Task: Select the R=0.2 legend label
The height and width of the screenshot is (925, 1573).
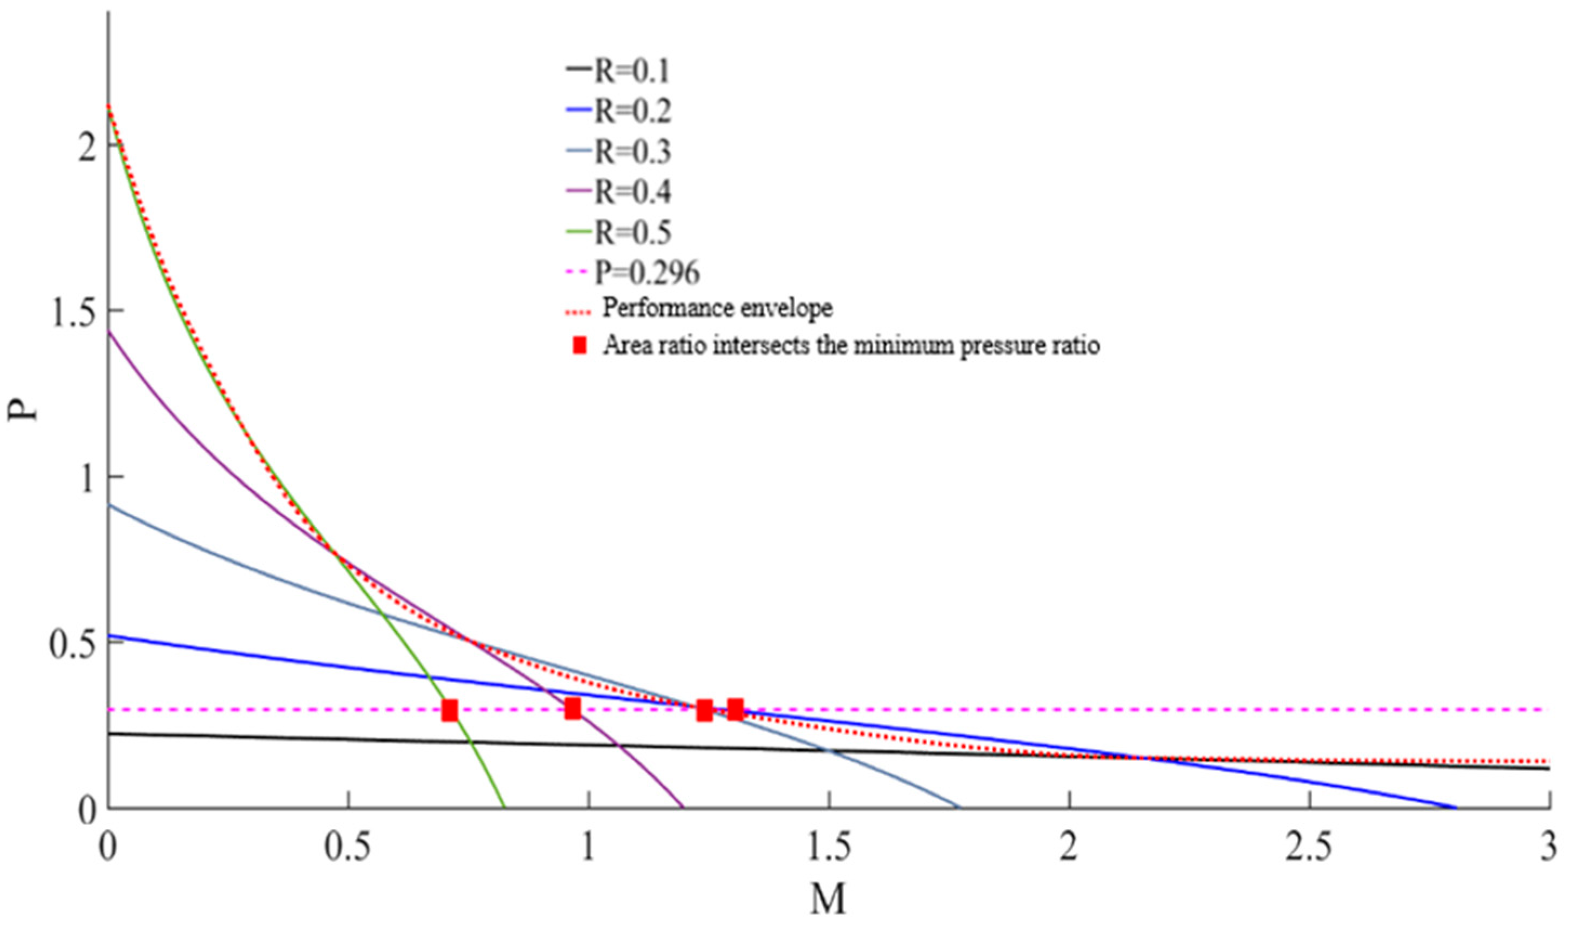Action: (632, 112)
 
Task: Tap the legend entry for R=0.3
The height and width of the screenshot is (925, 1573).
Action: (632, 152)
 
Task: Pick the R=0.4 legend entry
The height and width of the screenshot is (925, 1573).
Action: (632, 191)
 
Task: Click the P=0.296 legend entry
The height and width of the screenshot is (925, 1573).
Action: (646, 272)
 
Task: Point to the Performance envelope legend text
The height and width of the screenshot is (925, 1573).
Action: (717, 308)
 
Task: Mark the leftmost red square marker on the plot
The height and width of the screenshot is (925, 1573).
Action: (449, 710)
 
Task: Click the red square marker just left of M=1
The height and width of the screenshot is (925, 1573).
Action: (572, 708)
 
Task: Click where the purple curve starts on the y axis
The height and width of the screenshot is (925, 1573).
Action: (109, 332)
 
